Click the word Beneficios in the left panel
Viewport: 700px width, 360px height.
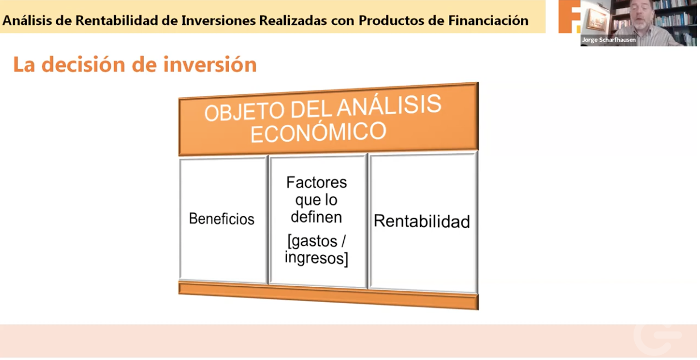tap(222, 219)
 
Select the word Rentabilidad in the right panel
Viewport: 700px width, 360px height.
tap(422, 221)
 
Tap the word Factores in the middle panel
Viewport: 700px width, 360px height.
tap(316, 182)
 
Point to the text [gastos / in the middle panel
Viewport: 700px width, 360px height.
tap(316, 241)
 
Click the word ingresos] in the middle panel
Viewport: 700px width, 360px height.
tap(316, 258)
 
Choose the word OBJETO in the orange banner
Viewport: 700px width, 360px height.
tap(244, 112)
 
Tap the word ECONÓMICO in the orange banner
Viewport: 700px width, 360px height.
tap(318, 132)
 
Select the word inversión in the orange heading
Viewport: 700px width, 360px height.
tap(210, 65)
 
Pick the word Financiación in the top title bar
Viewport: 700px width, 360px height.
tap(489, 20)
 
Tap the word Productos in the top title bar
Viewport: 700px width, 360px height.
tap(393, 20)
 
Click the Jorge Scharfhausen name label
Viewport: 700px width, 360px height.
tap(609, 40)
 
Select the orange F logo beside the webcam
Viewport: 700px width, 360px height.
tap(569, 16)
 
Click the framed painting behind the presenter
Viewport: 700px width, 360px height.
tap(595, 19)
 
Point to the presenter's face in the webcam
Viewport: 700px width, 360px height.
tap(641, 12)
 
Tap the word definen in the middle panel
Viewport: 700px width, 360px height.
tap(316, 217)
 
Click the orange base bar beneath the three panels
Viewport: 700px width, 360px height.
tap(328, 295)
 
